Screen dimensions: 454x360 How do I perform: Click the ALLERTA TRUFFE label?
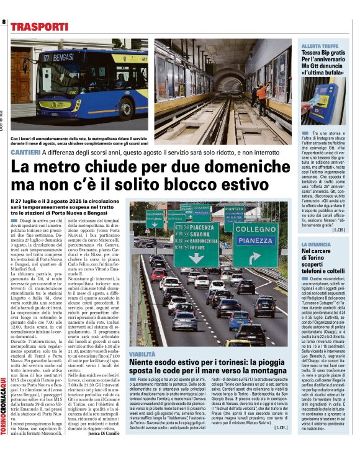319,47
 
